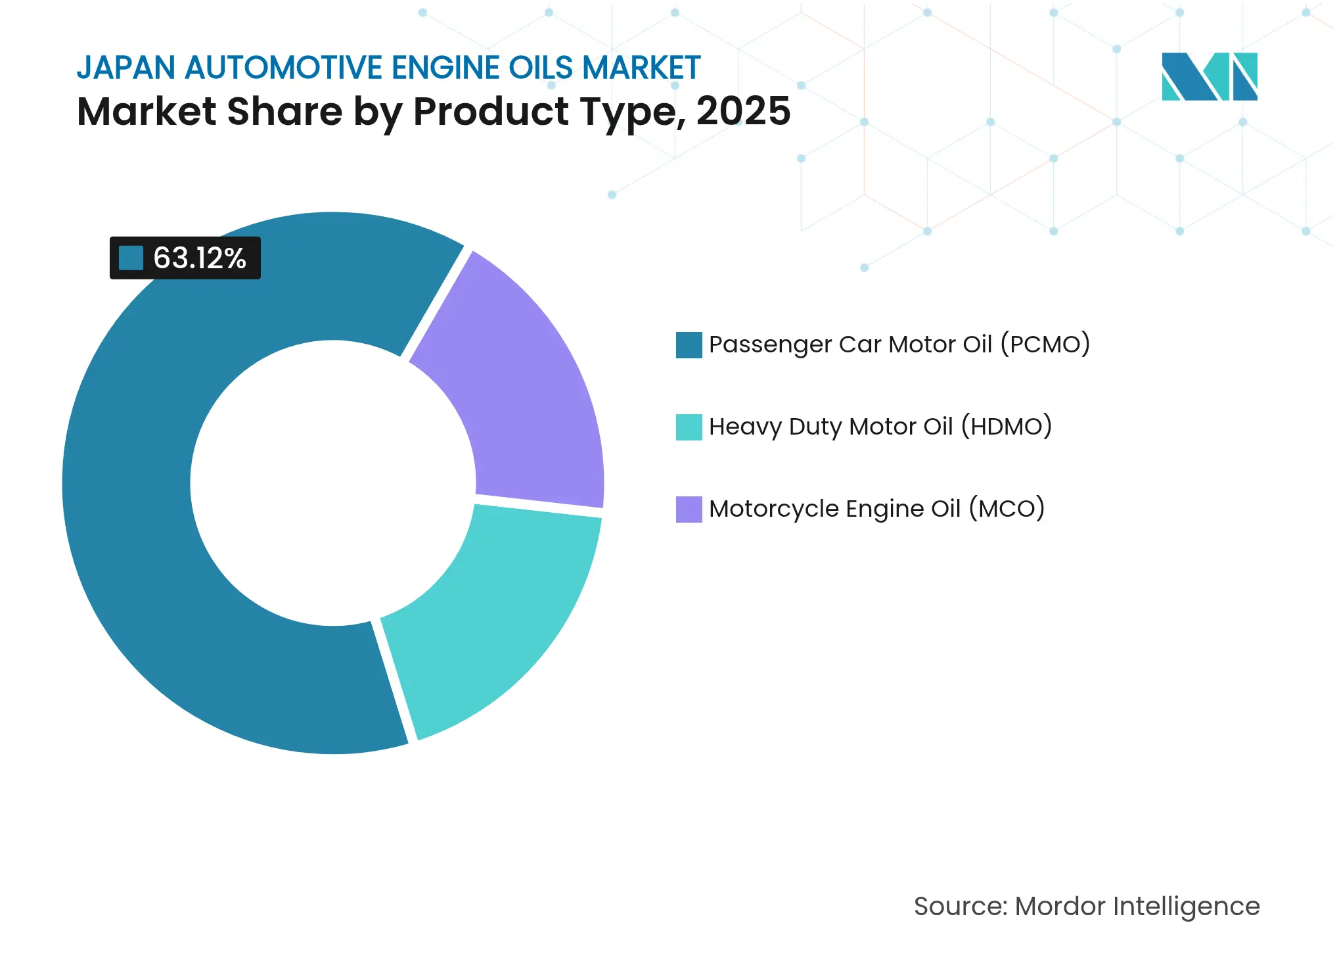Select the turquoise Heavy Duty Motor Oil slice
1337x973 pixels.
(499, 611)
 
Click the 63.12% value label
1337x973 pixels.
(199, 258)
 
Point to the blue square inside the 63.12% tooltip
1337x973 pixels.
(131, 258)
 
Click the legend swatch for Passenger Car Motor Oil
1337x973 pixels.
(689, 344)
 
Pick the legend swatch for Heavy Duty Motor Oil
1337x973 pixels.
(689, 427)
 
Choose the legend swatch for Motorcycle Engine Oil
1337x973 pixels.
(689, 509)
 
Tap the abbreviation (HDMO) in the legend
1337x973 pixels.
(1007, 427)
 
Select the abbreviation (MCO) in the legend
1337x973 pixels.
(1007, 509)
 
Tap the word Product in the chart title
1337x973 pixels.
(490, 111)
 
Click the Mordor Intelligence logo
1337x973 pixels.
(1209, 76)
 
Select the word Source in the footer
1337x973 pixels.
(959, 906)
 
